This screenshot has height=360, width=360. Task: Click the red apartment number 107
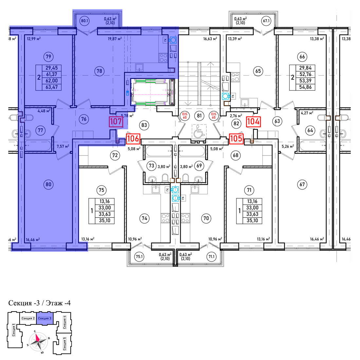click(x=116, y=121)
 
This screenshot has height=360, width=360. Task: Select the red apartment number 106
click(x=133, y=138)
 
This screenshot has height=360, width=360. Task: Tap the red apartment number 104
click(x=253, y=121)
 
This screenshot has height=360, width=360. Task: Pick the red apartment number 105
click(x=236, y=138)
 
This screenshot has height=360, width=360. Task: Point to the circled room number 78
click(x=99, y=71)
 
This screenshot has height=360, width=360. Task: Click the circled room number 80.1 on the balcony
click(x=84, y=21)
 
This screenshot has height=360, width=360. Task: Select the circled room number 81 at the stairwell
click(x=199, y=116)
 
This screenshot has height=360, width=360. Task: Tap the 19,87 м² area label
click(x=115, y=39)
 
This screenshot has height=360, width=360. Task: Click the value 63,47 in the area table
click(x=52, y=87)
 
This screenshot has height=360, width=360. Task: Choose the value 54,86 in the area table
click(x=305, y=87)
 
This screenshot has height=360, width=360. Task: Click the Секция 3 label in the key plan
click(x=45, y=318)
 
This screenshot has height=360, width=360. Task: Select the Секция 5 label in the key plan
click(x=64, y=343)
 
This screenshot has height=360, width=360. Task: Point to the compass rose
click(x=38, y=341)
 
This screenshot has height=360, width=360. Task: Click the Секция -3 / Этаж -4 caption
click(x=40, y=303)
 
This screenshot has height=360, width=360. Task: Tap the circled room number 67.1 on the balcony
click(x=266, y=21)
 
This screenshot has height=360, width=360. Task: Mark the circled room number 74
click(x=144, y=218)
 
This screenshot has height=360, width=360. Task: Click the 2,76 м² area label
click(x=236, y=116)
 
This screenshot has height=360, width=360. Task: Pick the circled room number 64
click(x=310, y=130)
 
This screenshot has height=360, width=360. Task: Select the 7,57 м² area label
click(x=63, y=146)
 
